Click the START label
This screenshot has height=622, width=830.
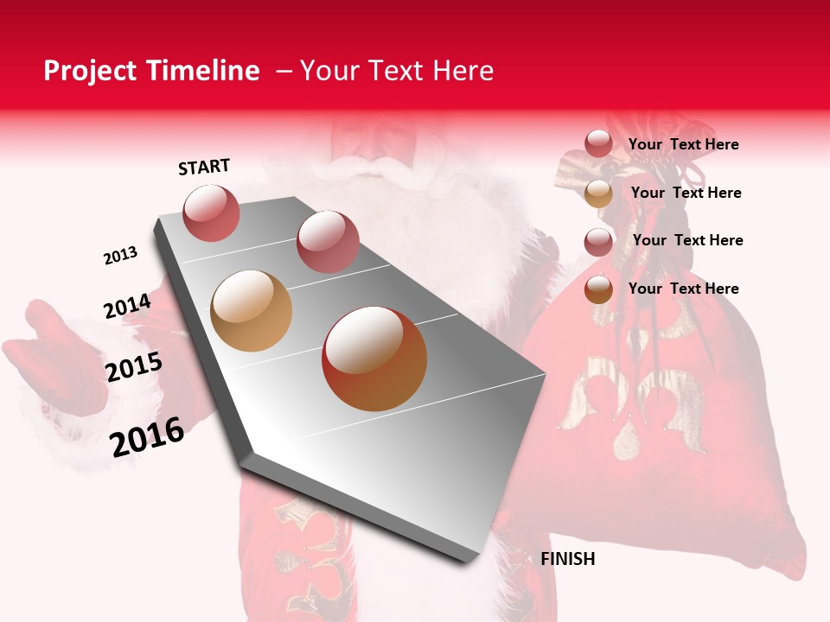tap(204, 167)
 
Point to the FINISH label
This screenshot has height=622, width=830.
tap(568, 559)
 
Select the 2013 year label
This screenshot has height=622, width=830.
tap(120, 256)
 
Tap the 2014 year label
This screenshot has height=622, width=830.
tap(127, 307)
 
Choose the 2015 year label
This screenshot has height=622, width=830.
tap(134, 367)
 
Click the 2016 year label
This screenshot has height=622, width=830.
tap(147, 436)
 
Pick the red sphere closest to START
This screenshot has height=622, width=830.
tap(212, 213)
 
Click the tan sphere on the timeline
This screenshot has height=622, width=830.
tap(251, 311)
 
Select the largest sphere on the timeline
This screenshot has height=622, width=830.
tap(374, 359)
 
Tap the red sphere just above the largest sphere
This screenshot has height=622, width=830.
tap(327, 241)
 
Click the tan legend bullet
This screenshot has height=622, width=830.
tap(598, 194)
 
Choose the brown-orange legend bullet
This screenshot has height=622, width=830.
tap(598, 289)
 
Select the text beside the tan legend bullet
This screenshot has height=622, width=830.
tap(686, 193)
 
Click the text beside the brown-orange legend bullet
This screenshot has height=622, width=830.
tap(684, 289)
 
